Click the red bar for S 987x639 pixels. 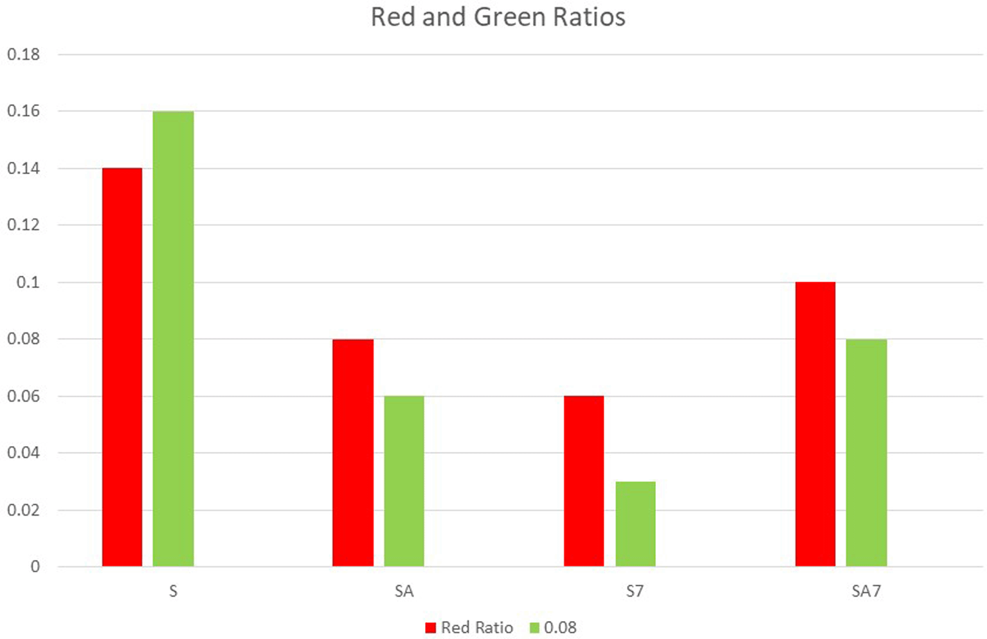(x=122, y=367)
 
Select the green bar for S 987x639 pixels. (x=173, y=339)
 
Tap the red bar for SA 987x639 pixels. (x=352, y=453)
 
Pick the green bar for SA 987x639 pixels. (x=404, y=481)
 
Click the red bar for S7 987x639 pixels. (x=584, y=481)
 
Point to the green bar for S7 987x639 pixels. (x=635, y=524)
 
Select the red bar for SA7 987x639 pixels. (x=815, y=424)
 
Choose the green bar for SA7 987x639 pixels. (x=866, y=453)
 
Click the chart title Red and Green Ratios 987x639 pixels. (x=498, y=17)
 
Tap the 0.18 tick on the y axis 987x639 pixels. (x=24, y=55)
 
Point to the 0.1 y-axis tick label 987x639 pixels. (x=28, y=282)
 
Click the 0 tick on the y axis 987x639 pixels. (x=35, y=567)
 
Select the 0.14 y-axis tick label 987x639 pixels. (x=24, y=168)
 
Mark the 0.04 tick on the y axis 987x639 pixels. (x=24, y=453)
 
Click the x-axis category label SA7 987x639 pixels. (x=866, y=591)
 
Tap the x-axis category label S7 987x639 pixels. (x=635, y=591)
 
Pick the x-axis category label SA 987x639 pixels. (x=404, y=591)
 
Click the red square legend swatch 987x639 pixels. (x=431, y=628)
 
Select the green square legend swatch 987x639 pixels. (x=534, y=628)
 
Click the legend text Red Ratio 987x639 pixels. (x=476, y=628)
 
